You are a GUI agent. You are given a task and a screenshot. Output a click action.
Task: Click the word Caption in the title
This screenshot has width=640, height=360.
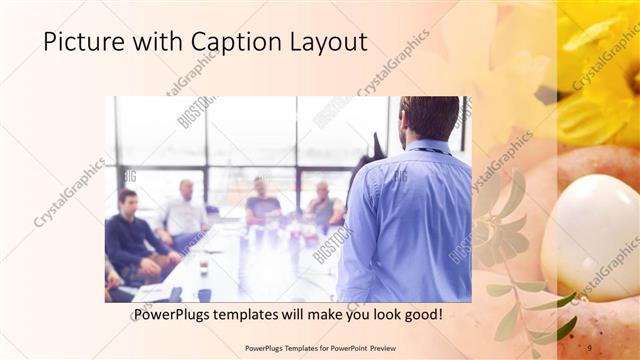tap(219, 42)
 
